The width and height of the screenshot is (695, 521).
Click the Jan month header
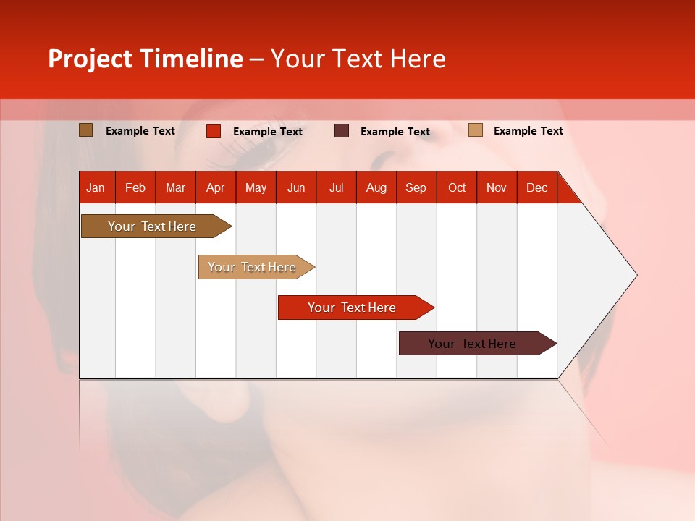point(96,187)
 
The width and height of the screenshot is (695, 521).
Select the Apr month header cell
point(216,187)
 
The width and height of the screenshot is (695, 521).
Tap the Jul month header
point(337,187)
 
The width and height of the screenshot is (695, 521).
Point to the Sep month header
point(416,187)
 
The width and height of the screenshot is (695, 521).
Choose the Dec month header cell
point(536,187)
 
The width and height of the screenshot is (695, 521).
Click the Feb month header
point(135,187)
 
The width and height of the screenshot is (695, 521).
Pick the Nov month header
point(497,187)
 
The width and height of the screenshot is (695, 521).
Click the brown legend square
point(86,130)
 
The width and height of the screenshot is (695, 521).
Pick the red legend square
point(214,131)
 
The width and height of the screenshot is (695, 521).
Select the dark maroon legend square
point(342,131)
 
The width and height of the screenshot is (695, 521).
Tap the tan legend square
point(476,130)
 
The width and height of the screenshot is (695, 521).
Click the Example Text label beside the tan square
point(528,131)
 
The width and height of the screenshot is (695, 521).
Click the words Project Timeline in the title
point(146,59)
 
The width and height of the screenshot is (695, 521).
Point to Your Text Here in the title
point(358,59)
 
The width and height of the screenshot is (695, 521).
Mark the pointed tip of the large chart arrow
point(636,275)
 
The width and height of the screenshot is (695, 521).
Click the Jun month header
point(296,187)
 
